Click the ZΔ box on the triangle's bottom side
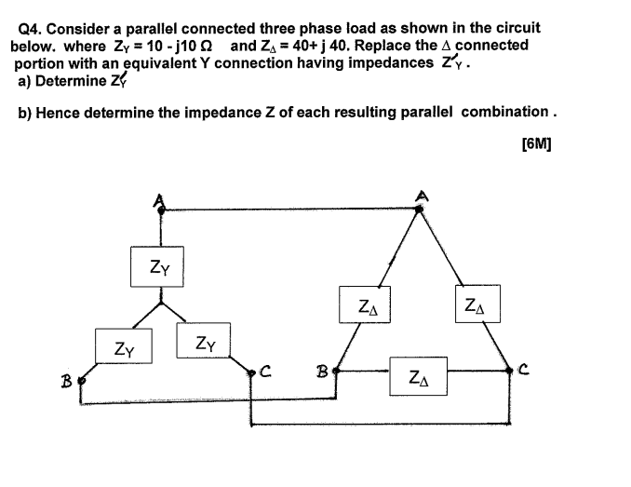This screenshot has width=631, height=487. pos(418,378)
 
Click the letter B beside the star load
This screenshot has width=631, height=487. pos(67,380)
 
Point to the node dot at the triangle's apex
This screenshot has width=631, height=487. pos(419,210)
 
